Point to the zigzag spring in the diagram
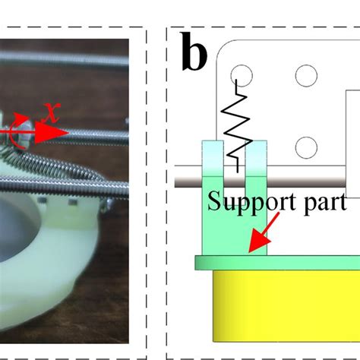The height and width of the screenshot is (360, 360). [x=237, y=122]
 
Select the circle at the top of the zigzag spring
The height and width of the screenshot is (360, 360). [x=242, y=75]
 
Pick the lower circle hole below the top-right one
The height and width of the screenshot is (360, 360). [x=305, y=146]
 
